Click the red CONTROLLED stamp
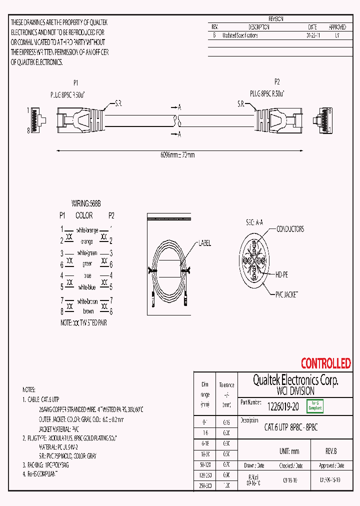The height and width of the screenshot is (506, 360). pos(325,363)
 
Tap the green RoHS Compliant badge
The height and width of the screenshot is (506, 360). pos(314,405)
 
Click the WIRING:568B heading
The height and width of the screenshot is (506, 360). pos(86,203)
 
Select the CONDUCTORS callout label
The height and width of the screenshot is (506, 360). pos(290,229)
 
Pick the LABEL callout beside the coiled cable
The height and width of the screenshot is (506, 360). pos(204,243)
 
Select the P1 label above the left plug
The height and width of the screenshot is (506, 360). pos(76,83)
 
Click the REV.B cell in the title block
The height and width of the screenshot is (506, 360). pos(331,451)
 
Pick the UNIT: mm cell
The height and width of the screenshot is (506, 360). pos(288,451)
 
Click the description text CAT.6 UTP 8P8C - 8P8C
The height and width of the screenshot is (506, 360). pos(291,427)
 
